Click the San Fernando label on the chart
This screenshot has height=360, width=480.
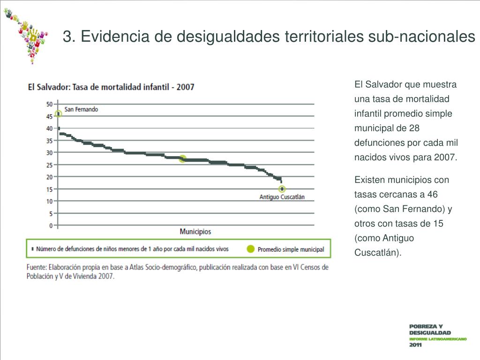(x=81, y=109)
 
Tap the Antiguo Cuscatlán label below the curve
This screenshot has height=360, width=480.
(x=282, y=197)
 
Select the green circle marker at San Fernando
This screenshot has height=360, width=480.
(x=58, y=113)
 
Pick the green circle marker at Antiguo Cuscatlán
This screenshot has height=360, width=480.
(x=282, y=189)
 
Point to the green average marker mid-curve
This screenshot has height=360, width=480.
(x=182, y=159)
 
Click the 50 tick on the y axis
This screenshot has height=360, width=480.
(x=49, y=104)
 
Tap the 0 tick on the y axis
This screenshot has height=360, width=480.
(x=51, y=225)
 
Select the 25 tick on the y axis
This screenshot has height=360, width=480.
(x=49, y=165)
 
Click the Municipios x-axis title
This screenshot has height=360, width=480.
(x=195, y=232)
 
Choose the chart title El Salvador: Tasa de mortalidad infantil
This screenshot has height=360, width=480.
(x=111, y=87)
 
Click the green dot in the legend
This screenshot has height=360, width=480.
(x=251, y=249)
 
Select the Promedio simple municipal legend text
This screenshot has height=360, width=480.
(x=291, y=249)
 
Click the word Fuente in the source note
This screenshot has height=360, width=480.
(x=36, y=267)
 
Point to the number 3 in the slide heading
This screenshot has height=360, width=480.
(x=67, y=36)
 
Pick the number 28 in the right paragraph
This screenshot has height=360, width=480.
(x=414, y=128)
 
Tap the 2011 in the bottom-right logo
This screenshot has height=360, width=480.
(x=415, y=345)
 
